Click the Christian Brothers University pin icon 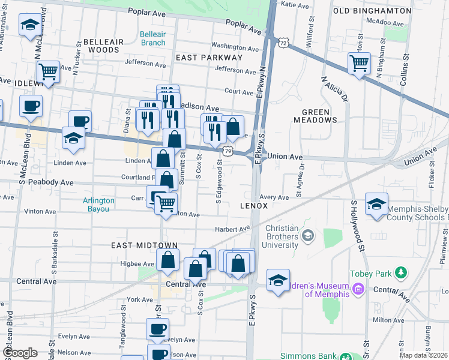308,235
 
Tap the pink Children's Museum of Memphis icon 359,290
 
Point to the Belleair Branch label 152,38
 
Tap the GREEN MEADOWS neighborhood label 319,116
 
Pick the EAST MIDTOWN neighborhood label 144,245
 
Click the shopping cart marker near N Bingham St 359,62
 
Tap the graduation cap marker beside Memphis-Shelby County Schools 376,203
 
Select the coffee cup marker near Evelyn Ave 158,329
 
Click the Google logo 20,353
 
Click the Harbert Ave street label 233,229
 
